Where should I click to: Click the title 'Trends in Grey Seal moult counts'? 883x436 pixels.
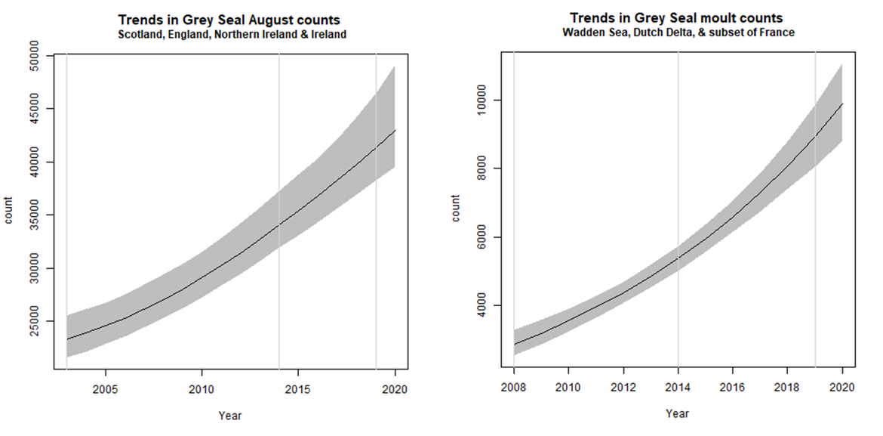(676, 17)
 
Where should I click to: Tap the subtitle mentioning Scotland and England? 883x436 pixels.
(232, 35)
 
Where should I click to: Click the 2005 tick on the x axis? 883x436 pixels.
(105, 390)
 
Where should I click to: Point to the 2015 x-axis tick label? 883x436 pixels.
(298, 390)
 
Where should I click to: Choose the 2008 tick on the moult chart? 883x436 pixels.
(513, 388)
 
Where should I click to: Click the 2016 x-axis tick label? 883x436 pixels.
(732, 388)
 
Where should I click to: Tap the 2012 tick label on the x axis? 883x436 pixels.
(623, 388)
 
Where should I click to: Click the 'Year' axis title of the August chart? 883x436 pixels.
(230, 415)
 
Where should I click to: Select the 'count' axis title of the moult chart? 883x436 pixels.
(456, 209)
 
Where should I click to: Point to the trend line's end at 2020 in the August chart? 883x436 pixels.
(395, 131)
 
